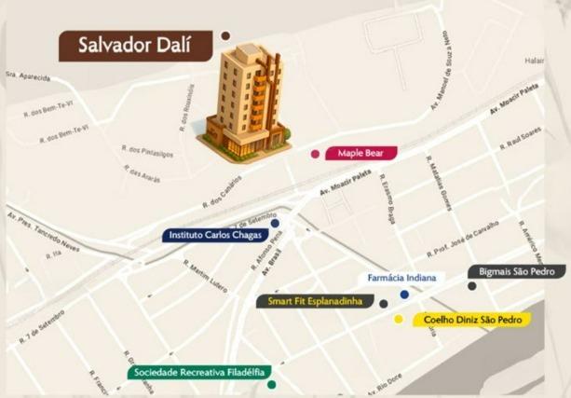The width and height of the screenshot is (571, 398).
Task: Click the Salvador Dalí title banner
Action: click(x=138, y=46)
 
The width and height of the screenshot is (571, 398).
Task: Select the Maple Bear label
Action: click(x=360, y=153)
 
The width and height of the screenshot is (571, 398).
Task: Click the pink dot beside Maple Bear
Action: click(x=316, y=154)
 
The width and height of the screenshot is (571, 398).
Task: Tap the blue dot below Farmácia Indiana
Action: click(x=404, y=295)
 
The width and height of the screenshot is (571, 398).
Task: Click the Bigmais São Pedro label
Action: click(x=516, y=271)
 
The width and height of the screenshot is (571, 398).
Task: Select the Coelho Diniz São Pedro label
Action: click(x=471, y=320)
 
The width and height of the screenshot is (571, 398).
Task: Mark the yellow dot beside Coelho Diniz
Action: click(x=399, y=320)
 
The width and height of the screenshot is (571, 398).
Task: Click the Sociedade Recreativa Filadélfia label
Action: click(x=197, y=372)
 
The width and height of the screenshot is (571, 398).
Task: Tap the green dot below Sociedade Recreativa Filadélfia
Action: click(x=271, y=384)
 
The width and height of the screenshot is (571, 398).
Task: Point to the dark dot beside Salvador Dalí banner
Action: click(x=225, y=35)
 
